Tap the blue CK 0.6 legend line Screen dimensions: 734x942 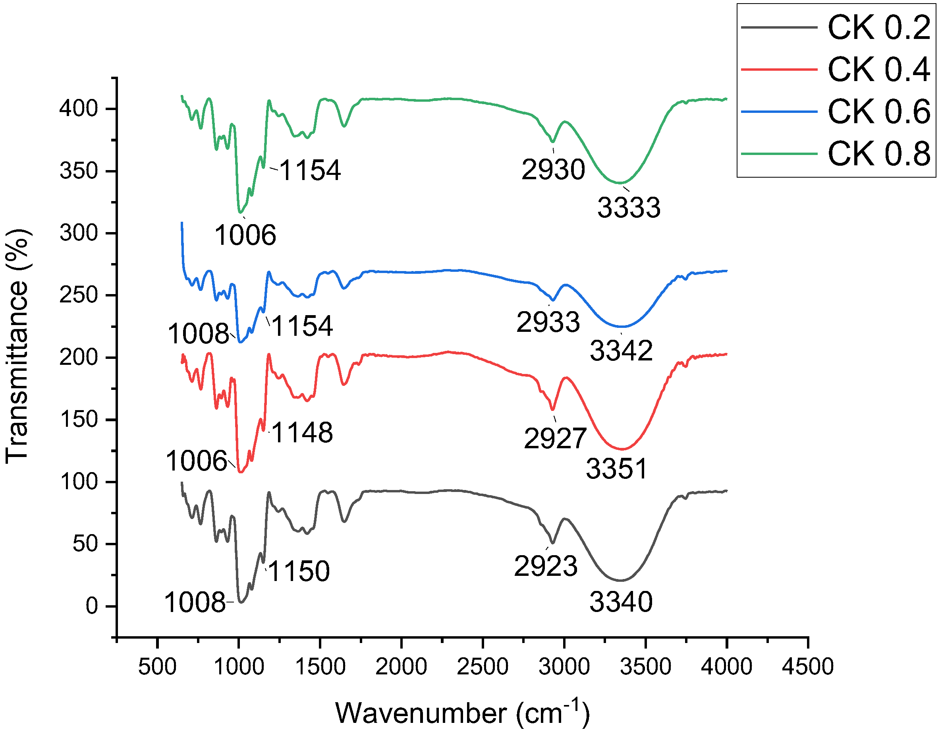[779, 112]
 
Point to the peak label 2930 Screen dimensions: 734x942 [553, 169]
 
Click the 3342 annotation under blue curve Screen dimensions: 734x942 [621, 351]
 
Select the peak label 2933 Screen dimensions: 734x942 [548, 322]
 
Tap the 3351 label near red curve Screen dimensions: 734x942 [616, 469]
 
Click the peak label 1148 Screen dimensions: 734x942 [302, 432]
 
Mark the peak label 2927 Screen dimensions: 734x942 [555, 438]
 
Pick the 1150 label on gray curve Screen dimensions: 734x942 [299, 571]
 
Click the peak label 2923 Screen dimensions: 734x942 [545, 566]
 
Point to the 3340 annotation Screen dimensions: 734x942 [621, 602]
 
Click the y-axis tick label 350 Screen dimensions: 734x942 [79, 171]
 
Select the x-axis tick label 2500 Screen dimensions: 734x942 [482, 666]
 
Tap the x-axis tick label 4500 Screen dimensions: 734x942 [807, 666]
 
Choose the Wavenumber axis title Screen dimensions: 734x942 [462, 713]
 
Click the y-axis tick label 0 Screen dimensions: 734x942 [92, 606]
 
